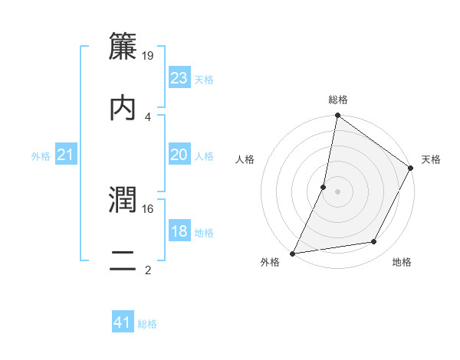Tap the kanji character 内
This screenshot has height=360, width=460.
click(123, 107)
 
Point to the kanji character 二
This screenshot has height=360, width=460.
click(123, 260)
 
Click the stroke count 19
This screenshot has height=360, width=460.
click(149, 56)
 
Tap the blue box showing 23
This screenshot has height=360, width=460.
click(179, 78)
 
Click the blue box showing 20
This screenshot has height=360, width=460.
click(179, 155)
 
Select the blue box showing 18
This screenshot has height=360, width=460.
click(179, 231)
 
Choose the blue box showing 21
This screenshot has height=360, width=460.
click(66, 155)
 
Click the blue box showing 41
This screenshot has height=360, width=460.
click(123, 322)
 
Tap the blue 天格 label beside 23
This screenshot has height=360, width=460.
click(204, 80)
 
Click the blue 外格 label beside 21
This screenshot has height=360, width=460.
click(41, 156)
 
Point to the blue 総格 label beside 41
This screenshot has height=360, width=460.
click(147, 324)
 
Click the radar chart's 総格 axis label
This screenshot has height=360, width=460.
click(338, 100)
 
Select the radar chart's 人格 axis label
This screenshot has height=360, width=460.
click(245, 159)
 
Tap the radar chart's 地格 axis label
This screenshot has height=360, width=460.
click(402, 262)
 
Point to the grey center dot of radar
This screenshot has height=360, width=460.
click(337, 191)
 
